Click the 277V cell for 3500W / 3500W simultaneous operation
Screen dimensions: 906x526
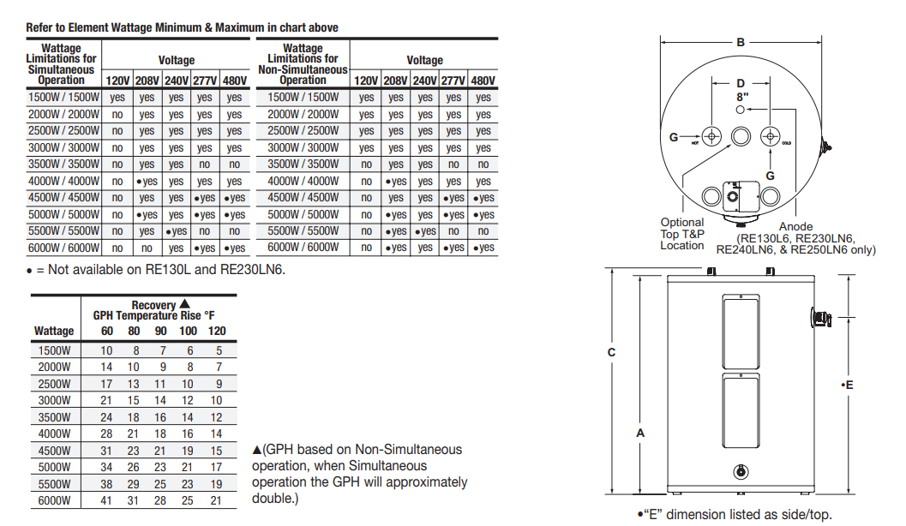coord(205,164)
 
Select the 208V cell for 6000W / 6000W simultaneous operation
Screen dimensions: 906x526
coord(147,248)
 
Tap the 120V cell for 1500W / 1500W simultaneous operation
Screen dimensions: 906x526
coord(117,98)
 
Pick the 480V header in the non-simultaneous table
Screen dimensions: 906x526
coord(483,81)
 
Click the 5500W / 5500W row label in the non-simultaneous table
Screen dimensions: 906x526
coord(303,231)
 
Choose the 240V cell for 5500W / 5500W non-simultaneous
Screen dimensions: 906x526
coord(425,231)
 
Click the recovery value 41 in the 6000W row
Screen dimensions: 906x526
coord(106,500)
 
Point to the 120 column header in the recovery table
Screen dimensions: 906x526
coord(217,331)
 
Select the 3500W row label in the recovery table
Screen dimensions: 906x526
coord(54,417)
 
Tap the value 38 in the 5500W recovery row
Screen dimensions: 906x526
coord(106,484)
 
